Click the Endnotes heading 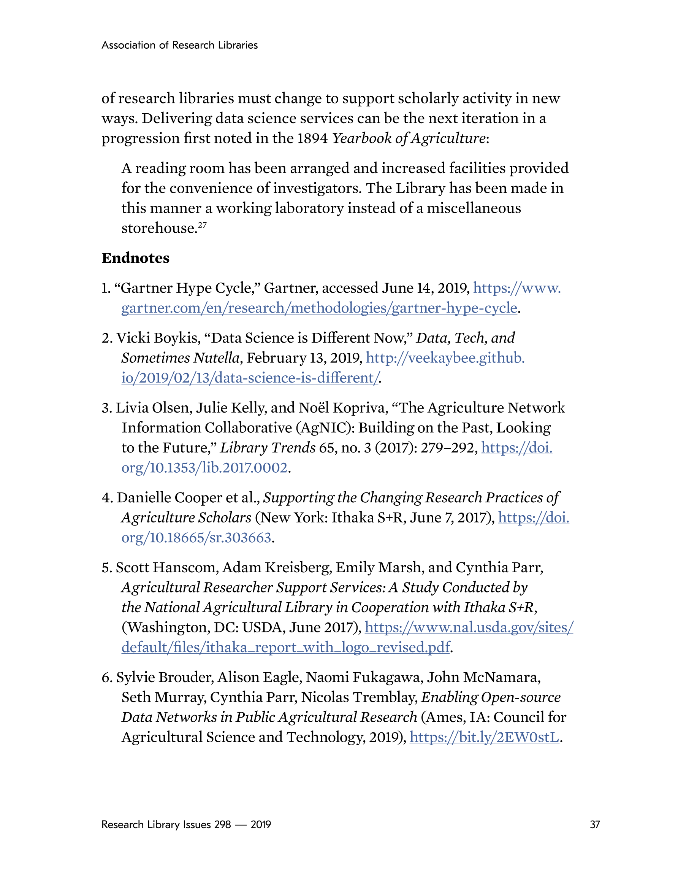click(135, 258)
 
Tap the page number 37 click(594, 824)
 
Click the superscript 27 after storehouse click(202, 225)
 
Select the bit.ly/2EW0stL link click(484, 737)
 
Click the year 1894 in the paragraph click(313, 138)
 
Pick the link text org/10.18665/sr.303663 click(196, 538)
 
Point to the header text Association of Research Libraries click(180, 45)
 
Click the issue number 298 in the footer click(222, 824)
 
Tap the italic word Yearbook click(361, 138)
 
